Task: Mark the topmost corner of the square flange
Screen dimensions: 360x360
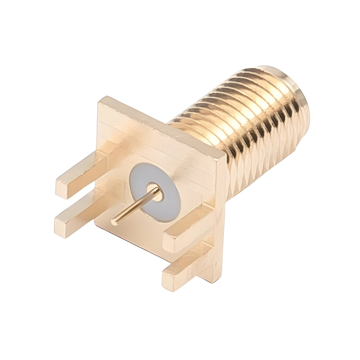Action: point(103,99)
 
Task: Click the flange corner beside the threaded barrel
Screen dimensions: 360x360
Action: point(222,155)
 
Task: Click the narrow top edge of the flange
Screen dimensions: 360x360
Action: point(162,126)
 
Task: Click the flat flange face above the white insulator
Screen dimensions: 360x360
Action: point(148,144)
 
